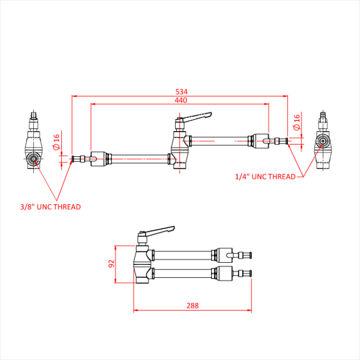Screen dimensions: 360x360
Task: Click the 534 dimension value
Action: pos(181,92)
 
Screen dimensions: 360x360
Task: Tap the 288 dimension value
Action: pos(192,305)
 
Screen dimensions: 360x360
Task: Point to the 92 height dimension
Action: pos(111,264)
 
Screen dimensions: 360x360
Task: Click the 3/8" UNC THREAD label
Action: pos(50,207)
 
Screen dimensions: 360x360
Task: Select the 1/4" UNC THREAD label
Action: pos(265,176)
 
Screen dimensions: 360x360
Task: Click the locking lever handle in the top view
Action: pos(198,117)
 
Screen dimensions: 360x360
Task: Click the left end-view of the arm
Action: pos(33,146)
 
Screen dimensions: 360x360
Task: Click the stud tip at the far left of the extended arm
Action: pos(76,158)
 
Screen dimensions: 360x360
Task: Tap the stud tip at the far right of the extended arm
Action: pos(282,140)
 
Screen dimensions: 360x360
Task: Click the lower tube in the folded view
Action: pos(183,272)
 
